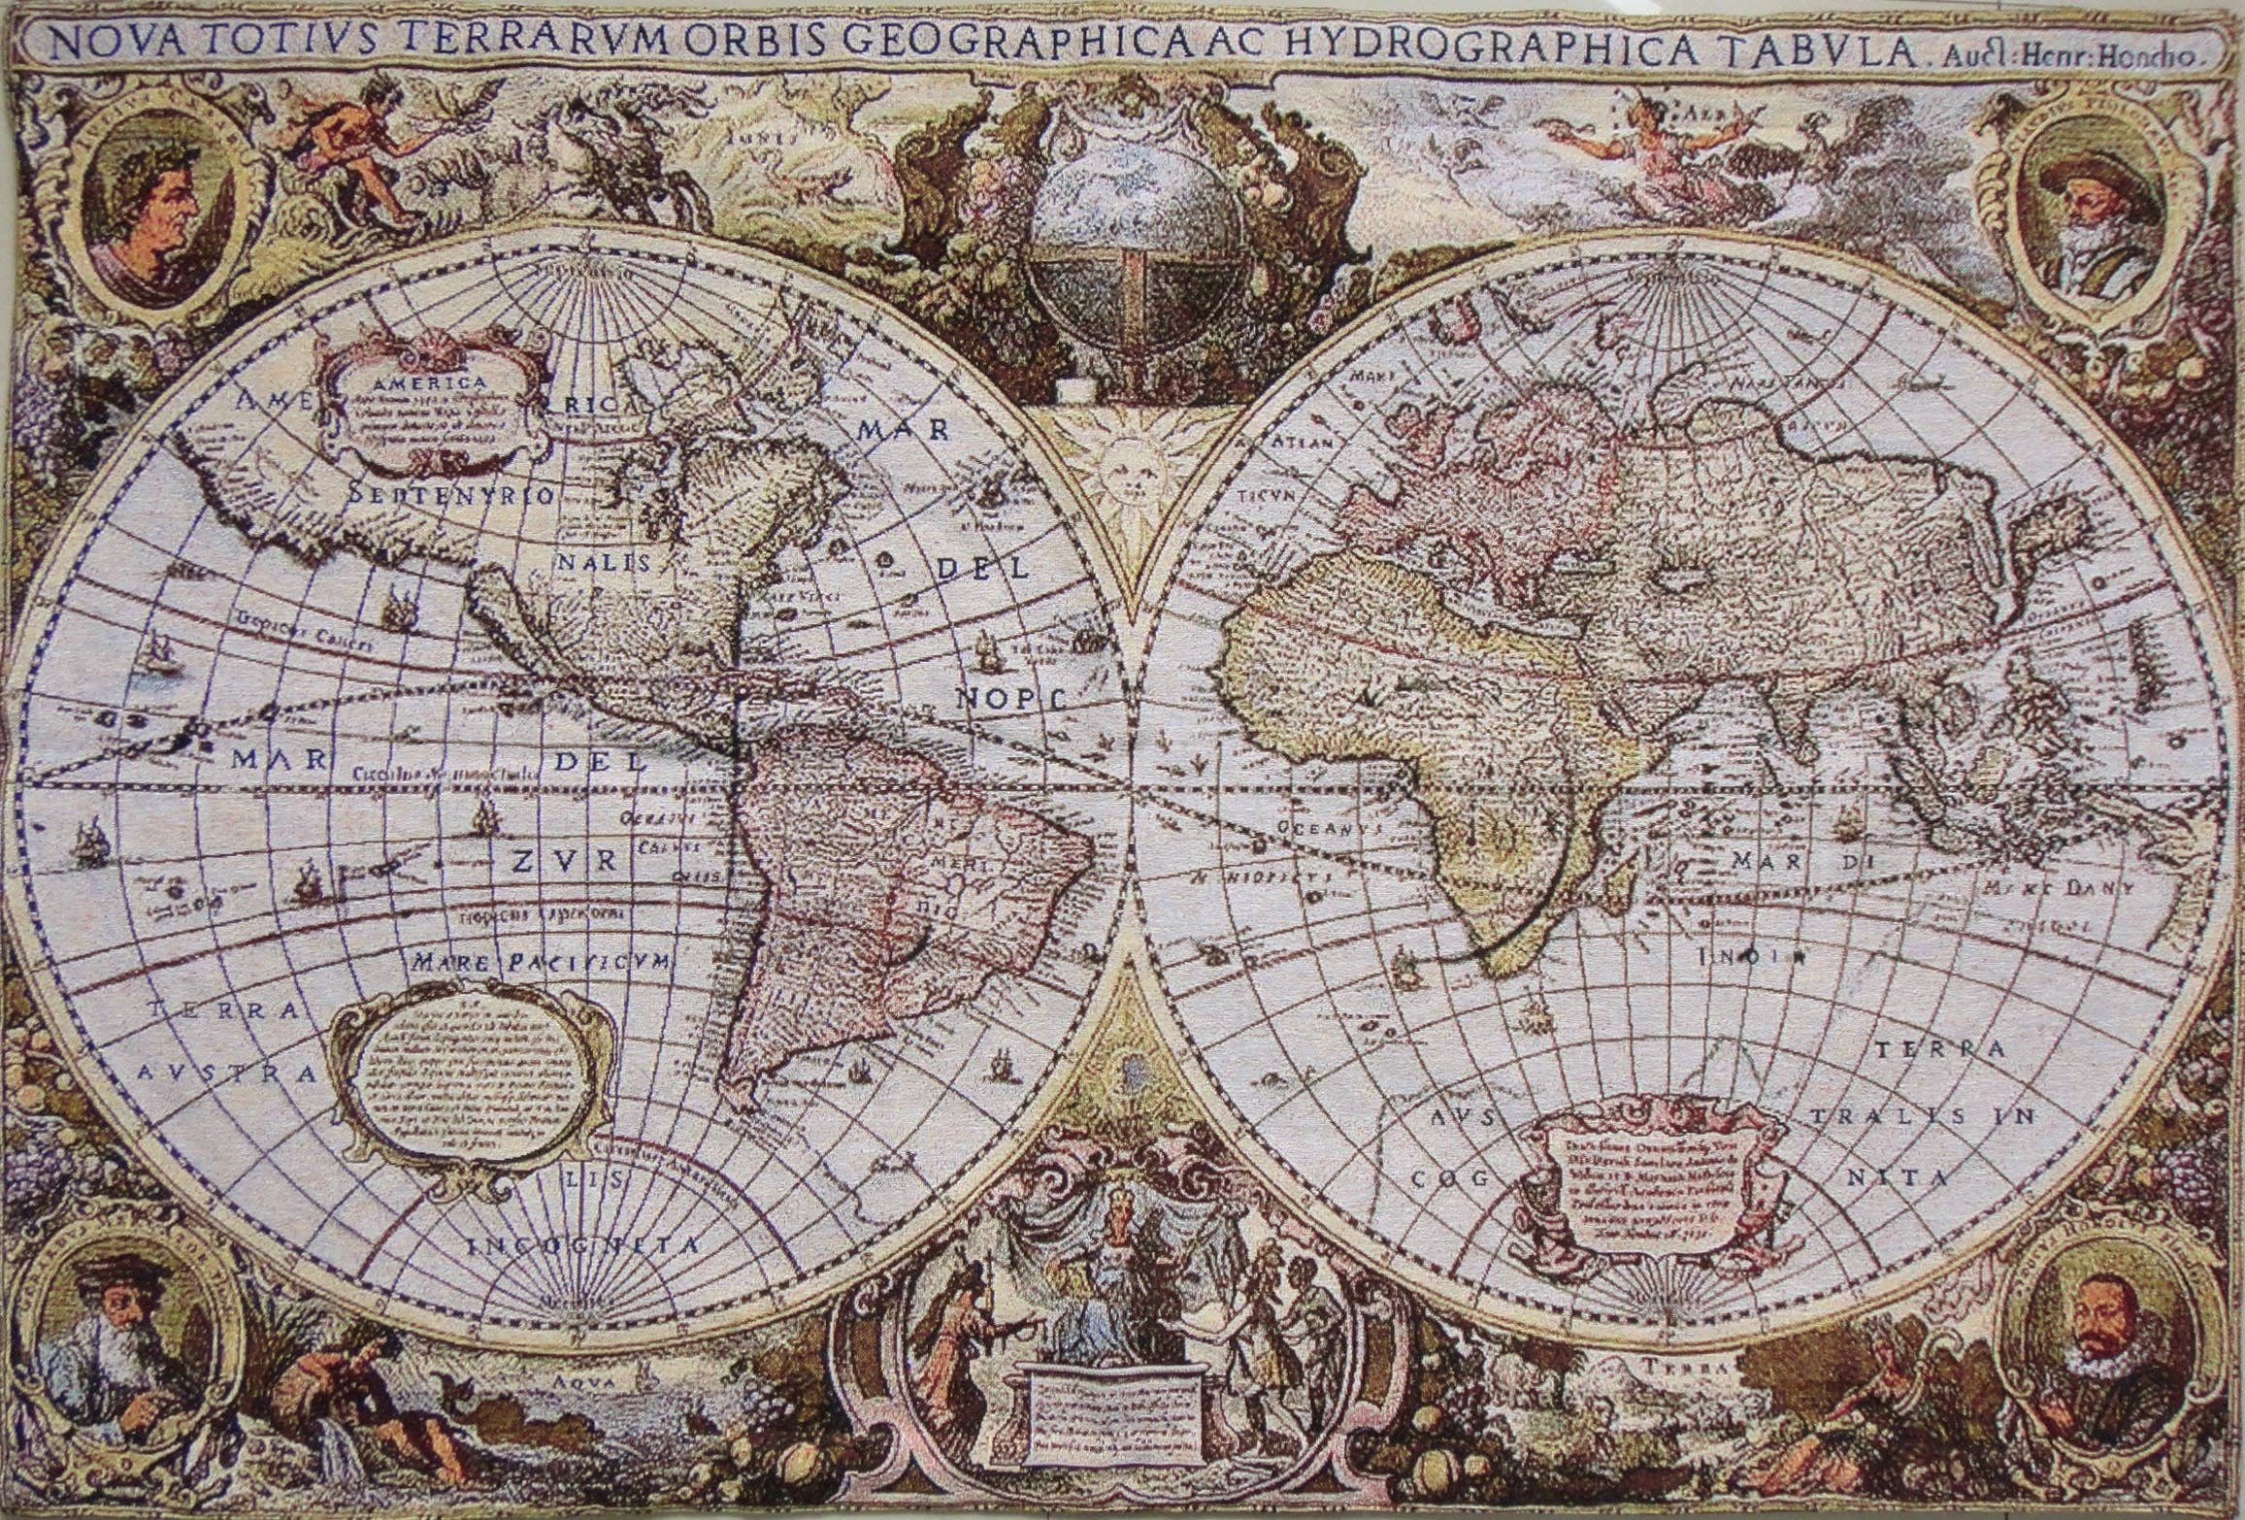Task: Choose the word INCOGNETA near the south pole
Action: click(582, 1246)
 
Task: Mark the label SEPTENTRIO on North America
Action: click(450, 497)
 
